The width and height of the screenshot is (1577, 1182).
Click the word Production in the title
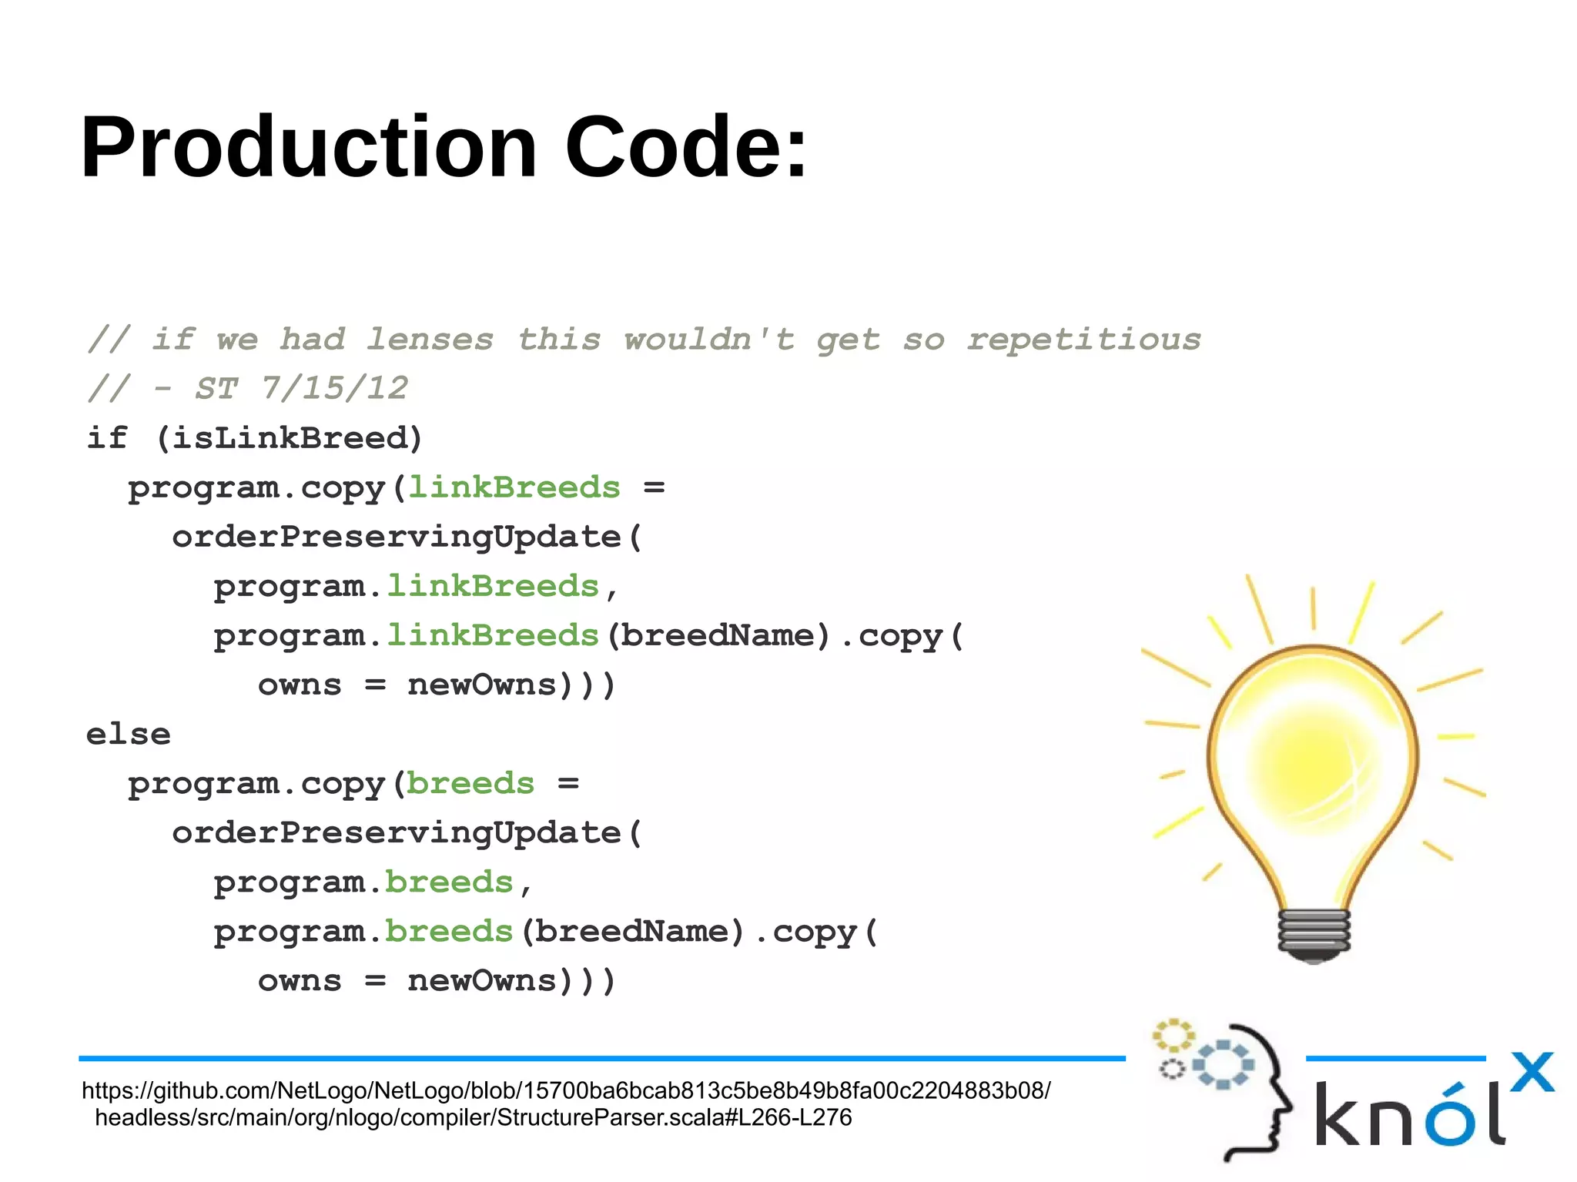coord(308,146)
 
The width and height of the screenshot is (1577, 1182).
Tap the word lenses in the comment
coord(429,339)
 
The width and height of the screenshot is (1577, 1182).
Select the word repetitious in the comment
coord(1083,339)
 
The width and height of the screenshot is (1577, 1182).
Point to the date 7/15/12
coord(333,388)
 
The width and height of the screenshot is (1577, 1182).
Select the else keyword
coord(128,734)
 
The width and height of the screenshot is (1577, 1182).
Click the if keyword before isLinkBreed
coord(106,438)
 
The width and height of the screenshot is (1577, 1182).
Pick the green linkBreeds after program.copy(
coord(514,487)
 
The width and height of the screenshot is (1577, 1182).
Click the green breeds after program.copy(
coord(470,783)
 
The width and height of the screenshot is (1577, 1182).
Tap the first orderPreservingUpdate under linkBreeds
coord(397,537)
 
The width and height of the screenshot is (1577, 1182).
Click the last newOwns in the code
coord(481,980)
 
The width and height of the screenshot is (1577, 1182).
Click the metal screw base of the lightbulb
coord(1314,933)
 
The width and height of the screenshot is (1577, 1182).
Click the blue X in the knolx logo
coord(1532,1072)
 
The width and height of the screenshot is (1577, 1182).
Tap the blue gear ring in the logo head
coord(1223,1065)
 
